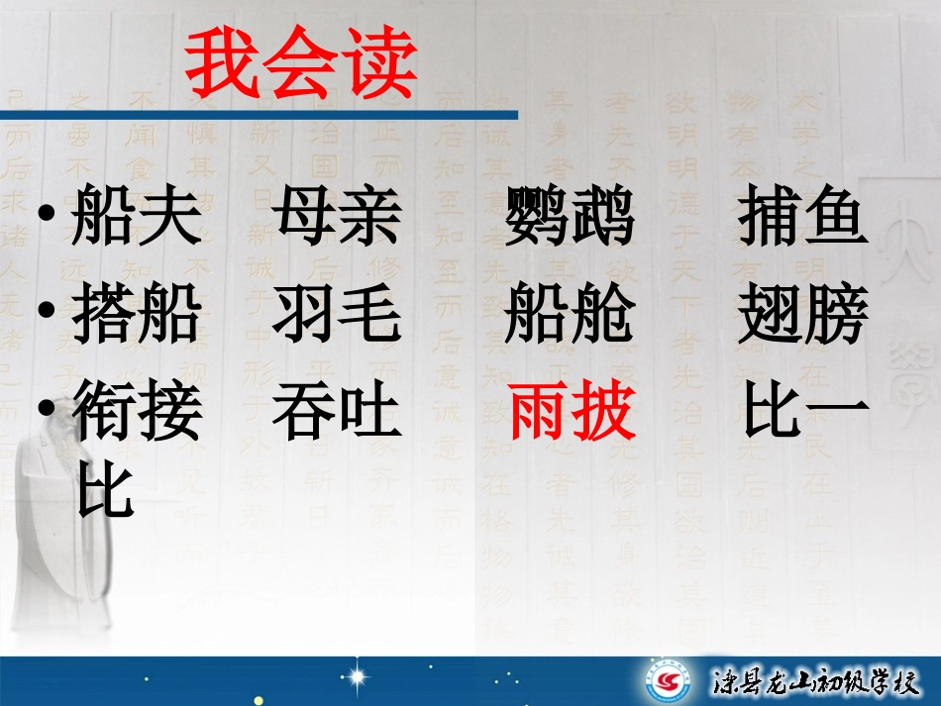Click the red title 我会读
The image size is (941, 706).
pyautogui.click(x=301, y=66)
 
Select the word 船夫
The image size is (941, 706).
pyautogui.click(x=137, y=218)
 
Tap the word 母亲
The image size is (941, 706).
pyautogui.click(x=338, y=218)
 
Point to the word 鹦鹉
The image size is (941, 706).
pyautogui.click(x=570, y=218)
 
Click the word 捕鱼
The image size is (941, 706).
pyautogui.click(x=802, y=218)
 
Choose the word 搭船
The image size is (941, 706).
pyautogui.click(x=137, y=315)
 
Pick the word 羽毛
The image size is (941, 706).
pyautogui.click(x=338, y=315)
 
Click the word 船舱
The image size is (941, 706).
pyautogui.click(x=570, y=315)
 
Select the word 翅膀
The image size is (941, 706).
pyautogui.click(x=802, y=315)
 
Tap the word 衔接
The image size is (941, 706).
pyautogui.click(x=137, y=413)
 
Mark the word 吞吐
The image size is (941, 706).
pyautogui.click(x=338, y=413)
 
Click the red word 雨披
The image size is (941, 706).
pyautogui.click(x=572, y=413)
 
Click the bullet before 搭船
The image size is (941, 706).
pyautogui.click(x=48, y=313)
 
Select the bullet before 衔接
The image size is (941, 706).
pyautogui.click(x=48, y=411)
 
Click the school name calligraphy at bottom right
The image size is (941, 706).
pyautogui.click(x=811, y=683)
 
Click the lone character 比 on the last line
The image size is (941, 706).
pyautogui.click(x=105, y=492)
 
